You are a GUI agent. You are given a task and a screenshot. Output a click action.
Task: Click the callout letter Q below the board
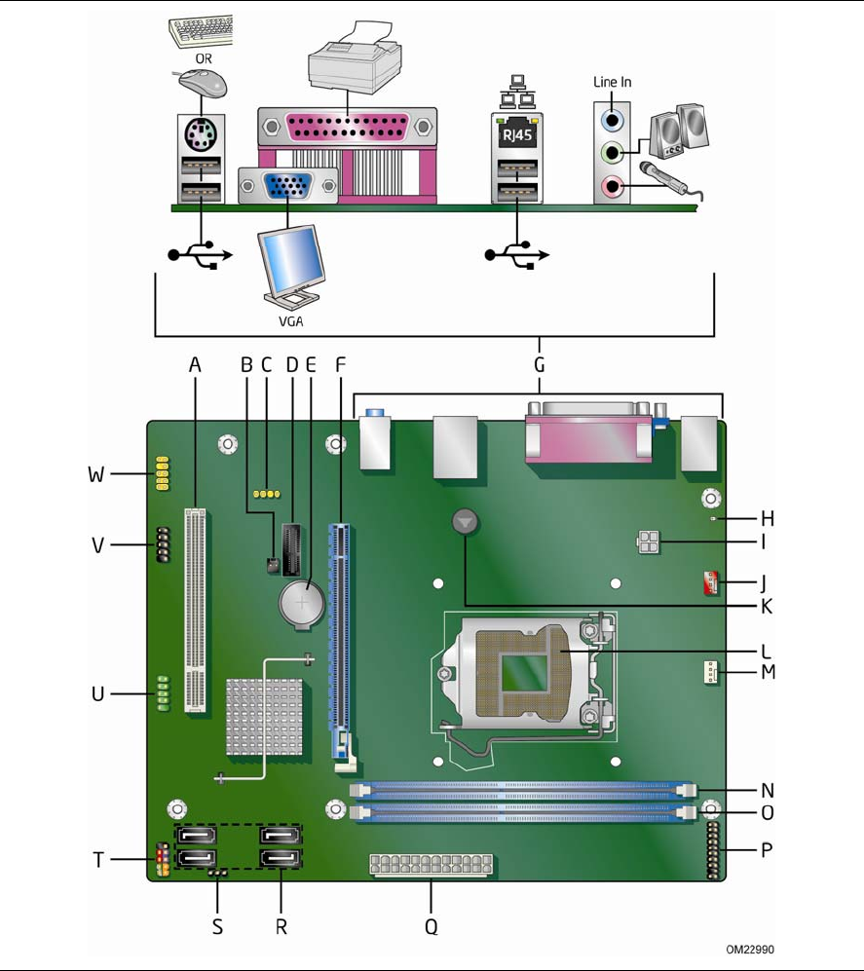click(x=431, y=926)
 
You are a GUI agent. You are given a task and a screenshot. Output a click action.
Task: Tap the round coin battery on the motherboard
click(x=303, y=603)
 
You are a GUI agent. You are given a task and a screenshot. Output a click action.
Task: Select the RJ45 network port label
click(x=516, y=135)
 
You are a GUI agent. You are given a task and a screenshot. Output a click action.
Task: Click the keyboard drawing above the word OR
click(x=203, y=31)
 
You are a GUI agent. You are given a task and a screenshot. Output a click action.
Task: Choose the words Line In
click(x=612, y=82)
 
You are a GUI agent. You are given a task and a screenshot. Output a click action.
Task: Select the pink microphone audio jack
click(x=612, y=184)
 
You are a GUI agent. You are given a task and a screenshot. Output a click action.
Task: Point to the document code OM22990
click(x=750, y=949)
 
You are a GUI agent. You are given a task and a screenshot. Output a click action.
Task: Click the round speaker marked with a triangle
click(x=468, y=523)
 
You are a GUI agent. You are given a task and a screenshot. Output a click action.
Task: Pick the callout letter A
click(x=195, y=364)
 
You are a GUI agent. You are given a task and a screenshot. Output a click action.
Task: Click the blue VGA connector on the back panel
click(x=288, y=184)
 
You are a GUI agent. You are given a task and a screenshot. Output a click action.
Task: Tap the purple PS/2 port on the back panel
click(x=202, y=134)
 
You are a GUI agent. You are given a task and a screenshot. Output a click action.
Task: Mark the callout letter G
click(x=539, y=365)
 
